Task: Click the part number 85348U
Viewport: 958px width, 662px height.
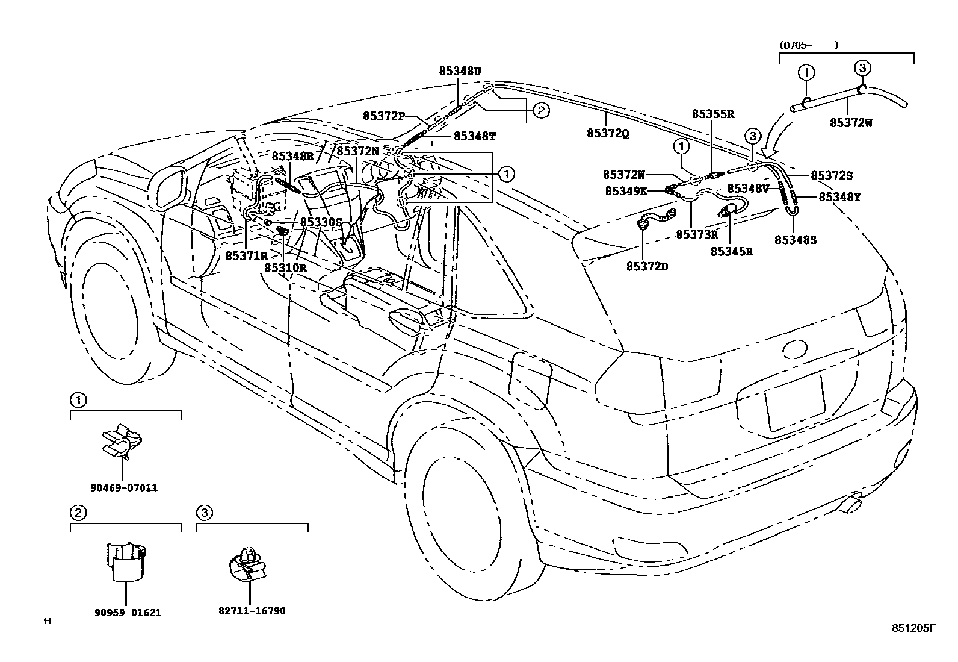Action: point(460,71)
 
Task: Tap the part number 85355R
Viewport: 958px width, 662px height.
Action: point(713,114)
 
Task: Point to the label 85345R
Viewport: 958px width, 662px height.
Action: point(732,252)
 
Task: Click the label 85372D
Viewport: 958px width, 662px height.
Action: point(647,266)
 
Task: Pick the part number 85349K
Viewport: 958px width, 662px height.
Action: point(626,191)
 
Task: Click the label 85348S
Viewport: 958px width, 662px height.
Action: point(796,240)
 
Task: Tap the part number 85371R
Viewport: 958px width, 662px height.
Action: point(247,255)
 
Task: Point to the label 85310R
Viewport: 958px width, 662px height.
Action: point(285,268)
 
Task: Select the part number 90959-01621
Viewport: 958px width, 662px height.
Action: point(128,613)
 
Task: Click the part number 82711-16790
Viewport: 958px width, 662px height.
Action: point(253,611)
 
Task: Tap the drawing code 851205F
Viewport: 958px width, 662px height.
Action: point(914,628)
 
